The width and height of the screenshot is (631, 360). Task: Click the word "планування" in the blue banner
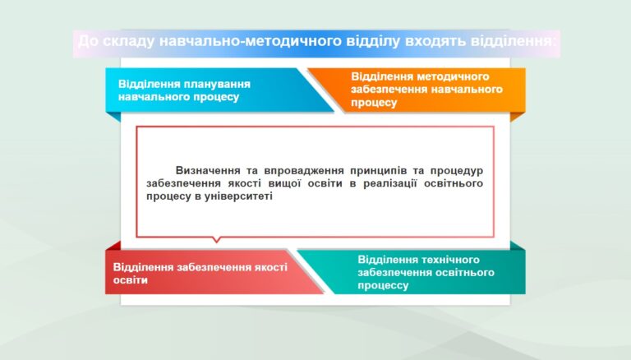[x=217, y=84]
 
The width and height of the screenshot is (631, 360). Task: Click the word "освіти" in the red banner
[x=131, y=280]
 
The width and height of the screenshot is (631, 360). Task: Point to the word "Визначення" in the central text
[x=210, y=171]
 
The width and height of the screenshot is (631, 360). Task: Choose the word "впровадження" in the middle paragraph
[x=305, y=171]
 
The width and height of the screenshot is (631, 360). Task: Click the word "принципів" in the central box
[x=378, y=171]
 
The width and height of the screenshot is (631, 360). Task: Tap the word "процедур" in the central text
[x=457, y=171]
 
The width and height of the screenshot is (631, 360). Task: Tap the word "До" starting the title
[x=87, y=41]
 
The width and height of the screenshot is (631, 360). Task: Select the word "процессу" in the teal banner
[x=383, y=285]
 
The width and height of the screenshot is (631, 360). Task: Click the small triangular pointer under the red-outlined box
[x=217, y=240]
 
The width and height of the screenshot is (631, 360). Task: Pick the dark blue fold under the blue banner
[x=113, y=117]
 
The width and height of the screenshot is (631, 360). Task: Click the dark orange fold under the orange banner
[x=518, y=117]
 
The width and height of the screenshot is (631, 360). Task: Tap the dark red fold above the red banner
[x=113, y=246]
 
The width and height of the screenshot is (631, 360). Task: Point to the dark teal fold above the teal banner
[x=518, y=246]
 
